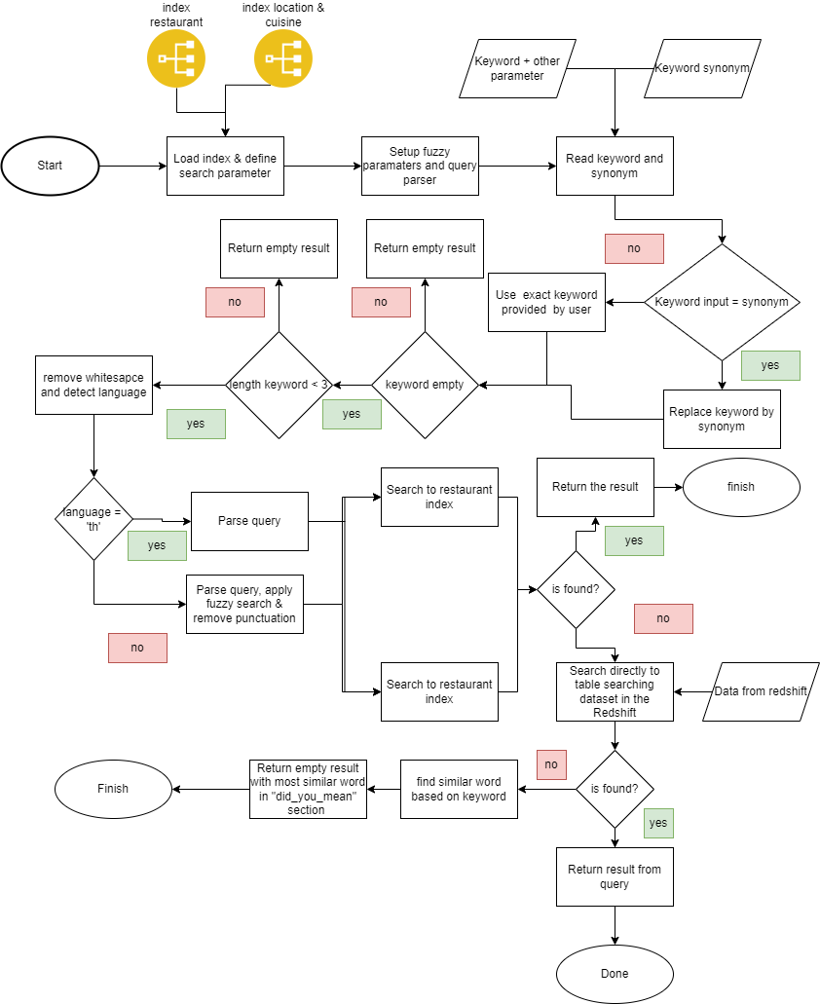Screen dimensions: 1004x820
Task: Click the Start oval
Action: click(x=50, y=166)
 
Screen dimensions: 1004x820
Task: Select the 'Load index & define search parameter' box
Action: click(x=225, y=166)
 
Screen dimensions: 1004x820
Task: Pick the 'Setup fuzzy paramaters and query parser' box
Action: click(x=420, y=166)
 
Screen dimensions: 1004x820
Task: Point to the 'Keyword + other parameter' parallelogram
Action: click(x=517, y=68)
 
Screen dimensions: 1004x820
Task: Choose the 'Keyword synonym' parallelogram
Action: click(x=701, y=68)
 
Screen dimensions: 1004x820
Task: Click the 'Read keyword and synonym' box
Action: click(x=615, y=166)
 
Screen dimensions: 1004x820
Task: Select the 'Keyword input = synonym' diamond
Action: click(x=722, y=302)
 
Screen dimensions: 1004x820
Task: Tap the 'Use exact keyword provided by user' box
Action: click(x=546, y=302)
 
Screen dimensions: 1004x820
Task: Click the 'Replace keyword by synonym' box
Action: click(x=722, y=419)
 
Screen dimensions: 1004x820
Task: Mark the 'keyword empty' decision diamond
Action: click(x=425, y=385)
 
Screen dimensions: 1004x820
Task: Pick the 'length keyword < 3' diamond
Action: click(x=279, y=385)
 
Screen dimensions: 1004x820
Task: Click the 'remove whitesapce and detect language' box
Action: click(x=93, y=385)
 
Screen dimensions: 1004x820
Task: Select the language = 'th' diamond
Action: click(x=93, y=519)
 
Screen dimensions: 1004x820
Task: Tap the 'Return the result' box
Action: click(x=595, y=487)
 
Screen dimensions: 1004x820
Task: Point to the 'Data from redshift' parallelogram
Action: click(x=761, y=691)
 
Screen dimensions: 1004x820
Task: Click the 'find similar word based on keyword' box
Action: click(x=459, y=789)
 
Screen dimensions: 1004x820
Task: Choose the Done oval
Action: click(x=615, y=974)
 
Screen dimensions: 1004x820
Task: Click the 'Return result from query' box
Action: click(x=615, y=876)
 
